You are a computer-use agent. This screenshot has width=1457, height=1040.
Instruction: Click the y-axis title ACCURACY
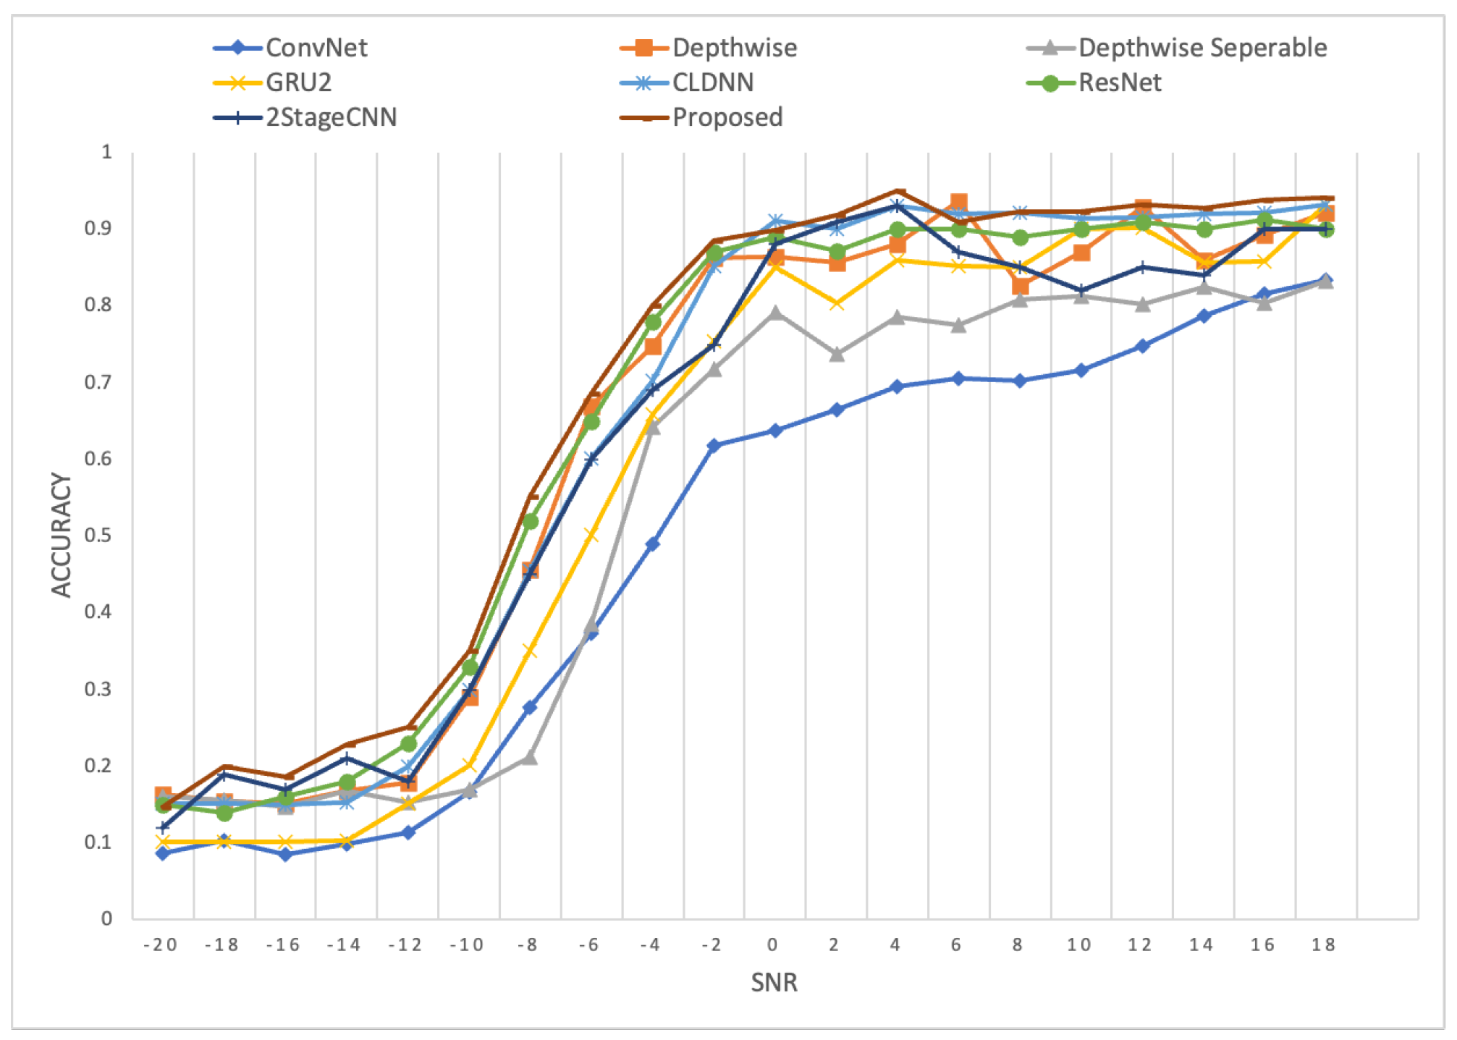coord(62,535)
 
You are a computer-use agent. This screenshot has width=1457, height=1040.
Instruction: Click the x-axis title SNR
coord(774,982)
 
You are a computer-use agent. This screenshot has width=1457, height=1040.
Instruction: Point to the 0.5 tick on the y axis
coord(98,535)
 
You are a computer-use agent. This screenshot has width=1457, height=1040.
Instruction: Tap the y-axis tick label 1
coord(107,152)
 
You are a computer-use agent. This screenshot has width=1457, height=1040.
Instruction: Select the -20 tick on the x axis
coord(161,944)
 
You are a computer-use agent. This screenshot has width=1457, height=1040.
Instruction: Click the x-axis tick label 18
coord(1323,944)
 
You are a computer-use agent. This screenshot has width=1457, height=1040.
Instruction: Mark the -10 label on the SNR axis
coord(467,944)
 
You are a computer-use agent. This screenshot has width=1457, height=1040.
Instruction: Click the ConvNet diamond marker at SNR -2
coord(714,446)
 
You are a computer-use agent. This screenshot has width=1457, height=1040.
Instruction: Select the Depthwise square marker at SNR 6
coord(958,203)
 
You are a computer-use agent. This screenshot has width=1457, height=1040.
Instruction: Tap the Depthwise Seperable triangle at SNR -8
coord(530,758)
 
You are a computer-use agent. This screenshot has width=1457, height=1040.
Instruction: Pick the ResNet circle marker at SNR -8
coord(530,521)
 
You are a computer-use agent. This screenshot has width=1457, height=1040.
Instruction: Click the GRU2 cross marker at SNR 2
coord(837,304)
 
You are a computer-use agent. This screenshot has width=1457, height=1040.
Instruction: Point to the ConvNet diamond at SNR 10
coord(1081,371)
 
